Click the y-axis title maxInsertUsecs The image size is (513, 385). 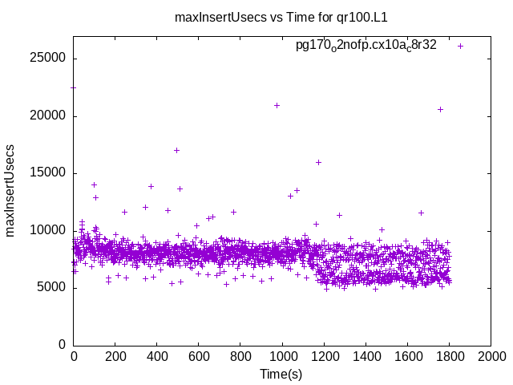pyautogui.click(x=11, y=190)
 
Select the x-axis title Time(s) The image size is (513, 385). pyautogui.click(x=281, y=375)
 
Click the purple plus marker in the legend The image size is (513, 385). pyautogui.click(x=460, y=46)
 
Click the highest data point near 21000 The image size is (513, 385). pyautogui.click(x=277, y=105)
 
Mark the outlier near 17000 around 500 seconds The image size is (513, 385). pyautogui.click(x=176, y=150)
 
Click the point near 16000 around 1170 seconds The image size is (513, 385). pyautogui.click(x=318, y=162)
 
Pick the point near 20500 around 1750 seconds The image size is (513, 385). pyautogui.click(x=440, y=109)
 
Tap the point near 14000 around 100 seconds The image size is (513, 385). pyautogui.click(x=94, y=184)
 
